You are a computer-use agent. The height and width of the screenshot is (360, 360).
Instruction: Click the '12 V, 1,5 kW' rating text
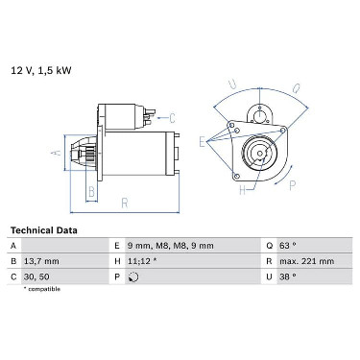(41, 70)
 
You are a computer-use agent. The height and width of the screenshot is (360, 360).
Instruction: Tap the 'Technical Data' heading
(44, 230)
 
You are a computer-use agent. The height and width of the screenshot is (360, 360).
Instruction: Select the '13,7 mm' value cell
(41, 261)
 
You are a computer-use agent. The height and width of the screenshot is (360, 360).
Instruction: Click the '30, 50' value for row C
(36, 276)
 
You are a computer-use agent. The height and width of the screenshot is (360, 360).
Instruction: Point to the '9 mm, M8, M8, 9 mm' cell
(170, 246)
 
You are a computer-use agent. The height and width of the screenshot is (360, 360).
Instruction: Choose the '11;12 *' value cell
(142, 261)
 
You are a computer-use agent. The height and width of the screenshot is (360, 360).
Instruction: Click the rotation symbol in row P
(133, 276)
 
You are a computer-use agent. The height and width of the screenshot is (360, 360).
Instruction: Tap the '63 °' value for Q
(288, 246)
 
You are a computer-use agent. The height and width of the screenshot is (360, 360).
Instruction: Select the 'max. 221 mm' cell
(306, 261)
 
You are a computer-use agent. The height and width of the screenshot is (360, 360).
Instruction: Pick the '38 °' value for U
(288, 276)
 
